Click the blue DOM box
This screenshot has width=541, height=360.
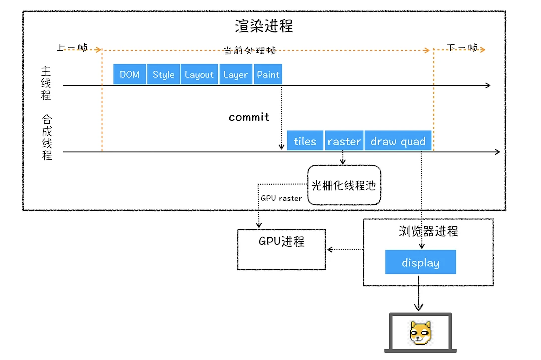click(x=129, y=74)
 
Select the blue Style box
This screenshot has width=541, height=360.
click(x=163, y=74)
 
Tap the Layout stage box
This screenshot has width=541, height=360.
click(x=199, y=74)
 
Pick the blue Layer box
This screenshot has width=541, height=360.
click(x=236, y=74)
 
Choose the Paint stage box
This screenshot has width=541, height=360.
click(x=268, y=74)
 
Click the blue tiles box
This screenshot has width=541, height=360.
click(x=305, y=141)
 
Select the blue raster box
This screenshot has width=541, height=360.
click(x=344, y=141)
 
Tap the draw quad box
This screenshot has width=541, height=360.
click(x=398, y=141)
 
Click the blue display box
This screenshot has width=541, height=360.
click(x=421, y=262)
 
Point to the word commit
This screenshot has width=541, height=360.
click(x=249, y=117)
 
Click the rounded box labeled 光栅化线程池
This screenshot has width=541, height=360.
click(x=345, y=185)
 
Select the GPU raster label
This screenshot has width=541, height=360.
click(x=281, y=198)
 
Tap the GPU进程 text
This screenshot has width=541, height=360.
click(x=282, y=241)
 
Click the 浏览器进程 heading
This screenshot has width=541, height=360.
click(x=428, y=231)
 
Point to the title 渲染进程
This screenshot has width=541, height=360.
click(x=264, y=26)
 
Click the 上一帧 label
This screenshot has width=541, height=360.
click(x=72, y=47)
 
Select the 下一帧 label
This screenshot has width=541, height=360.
click(x=462, y=47)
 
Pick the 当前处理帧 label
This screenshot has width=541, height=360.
click(x=250, y=50)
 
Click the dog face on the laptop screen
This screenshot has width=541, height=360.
click(x=421, y=333)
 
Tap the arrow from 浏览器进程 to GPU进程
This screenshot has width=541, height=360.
click(x=345, y=249)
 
